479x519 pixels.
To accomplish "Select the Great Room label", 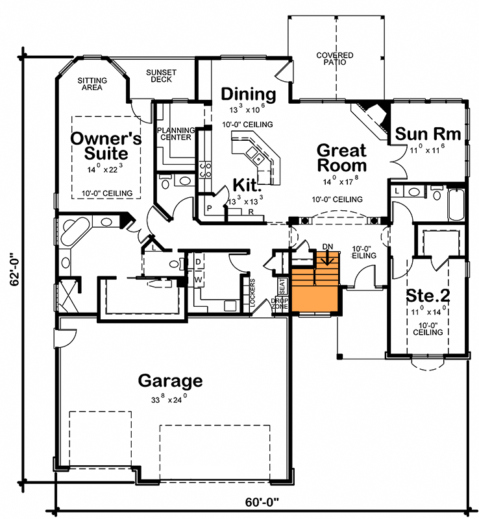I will click(341, 158).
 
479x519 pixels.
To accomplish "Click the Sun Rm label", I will click(428, 134).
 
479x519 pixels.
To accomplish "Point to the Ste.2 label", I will click(428, 295).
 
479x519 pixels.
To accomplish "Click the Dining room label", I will click(249, 94).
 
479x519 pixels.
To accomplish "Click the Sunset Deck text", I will click(158, 76).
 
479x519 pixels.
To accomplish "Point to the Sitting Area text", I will click(93, 84).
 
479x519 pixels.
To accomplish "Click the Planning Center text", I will click(175, 133).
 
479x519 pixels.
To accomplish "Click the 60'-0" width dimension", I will click(262, 501).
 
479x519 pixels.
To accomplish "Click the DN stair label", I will click(328, 247).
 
